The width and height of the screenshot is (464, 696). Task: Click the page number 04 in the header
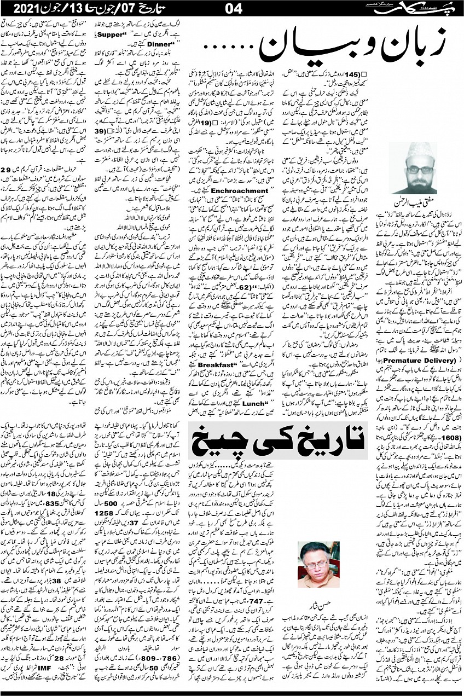(231, 9)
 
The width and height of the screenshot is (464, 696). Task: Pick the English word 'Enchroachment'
(220, 191)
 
